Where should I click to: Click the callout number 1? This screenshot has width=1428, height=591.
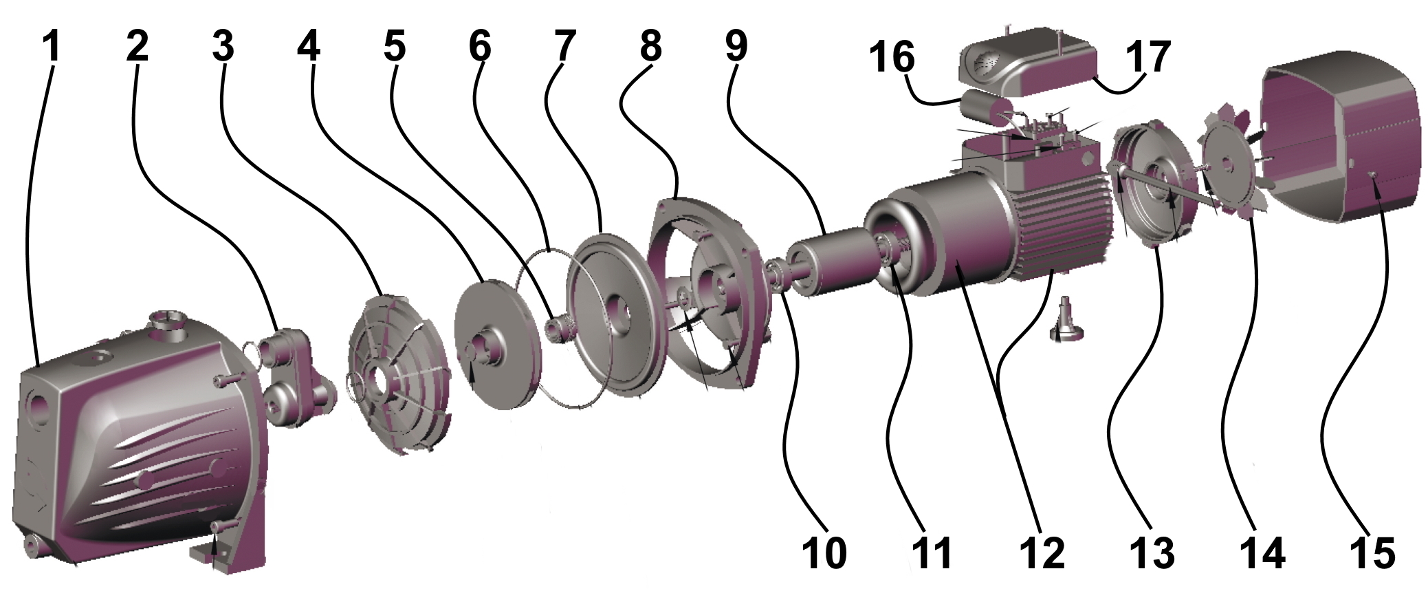click(x=52, y=47)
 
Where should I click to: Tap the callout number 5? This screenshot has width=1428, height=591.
click(x=394, y=47)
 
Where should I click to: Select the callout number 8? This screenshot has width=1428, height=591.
click(x=650, y=47)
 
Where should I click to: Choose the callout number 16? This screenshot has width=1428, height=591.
click(x=892, y=56)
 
